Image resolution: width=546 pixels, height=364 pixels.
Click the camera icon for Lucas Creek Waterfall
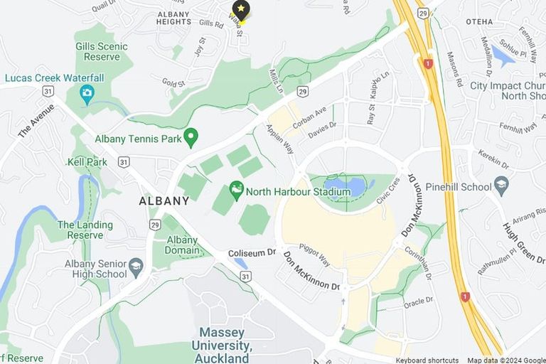87,93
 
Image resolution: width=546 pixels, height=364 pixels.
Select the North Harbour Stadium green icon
237,190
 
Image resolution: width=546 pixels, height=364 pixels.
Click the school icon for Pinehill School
501,186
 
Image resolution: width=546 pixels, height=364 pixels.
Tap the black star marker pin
241,10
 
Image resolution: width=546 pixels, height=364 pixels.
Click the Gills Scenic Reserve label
102,51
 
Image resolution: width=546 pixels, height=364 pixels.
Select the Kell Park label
87,162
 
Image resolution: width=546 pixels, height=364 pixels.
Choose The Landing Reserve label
85,230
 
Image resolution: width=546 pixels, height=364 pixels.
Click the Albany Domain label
182,245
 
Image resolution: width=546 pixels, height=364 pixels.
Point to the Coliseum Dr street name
251,253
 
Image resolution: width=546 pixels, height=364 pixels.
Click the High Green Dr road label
523,242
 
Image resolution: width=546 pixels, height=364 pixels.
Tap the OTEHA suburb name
479,22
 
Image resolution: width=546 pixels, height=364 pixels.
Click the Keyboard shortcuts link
427,360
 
